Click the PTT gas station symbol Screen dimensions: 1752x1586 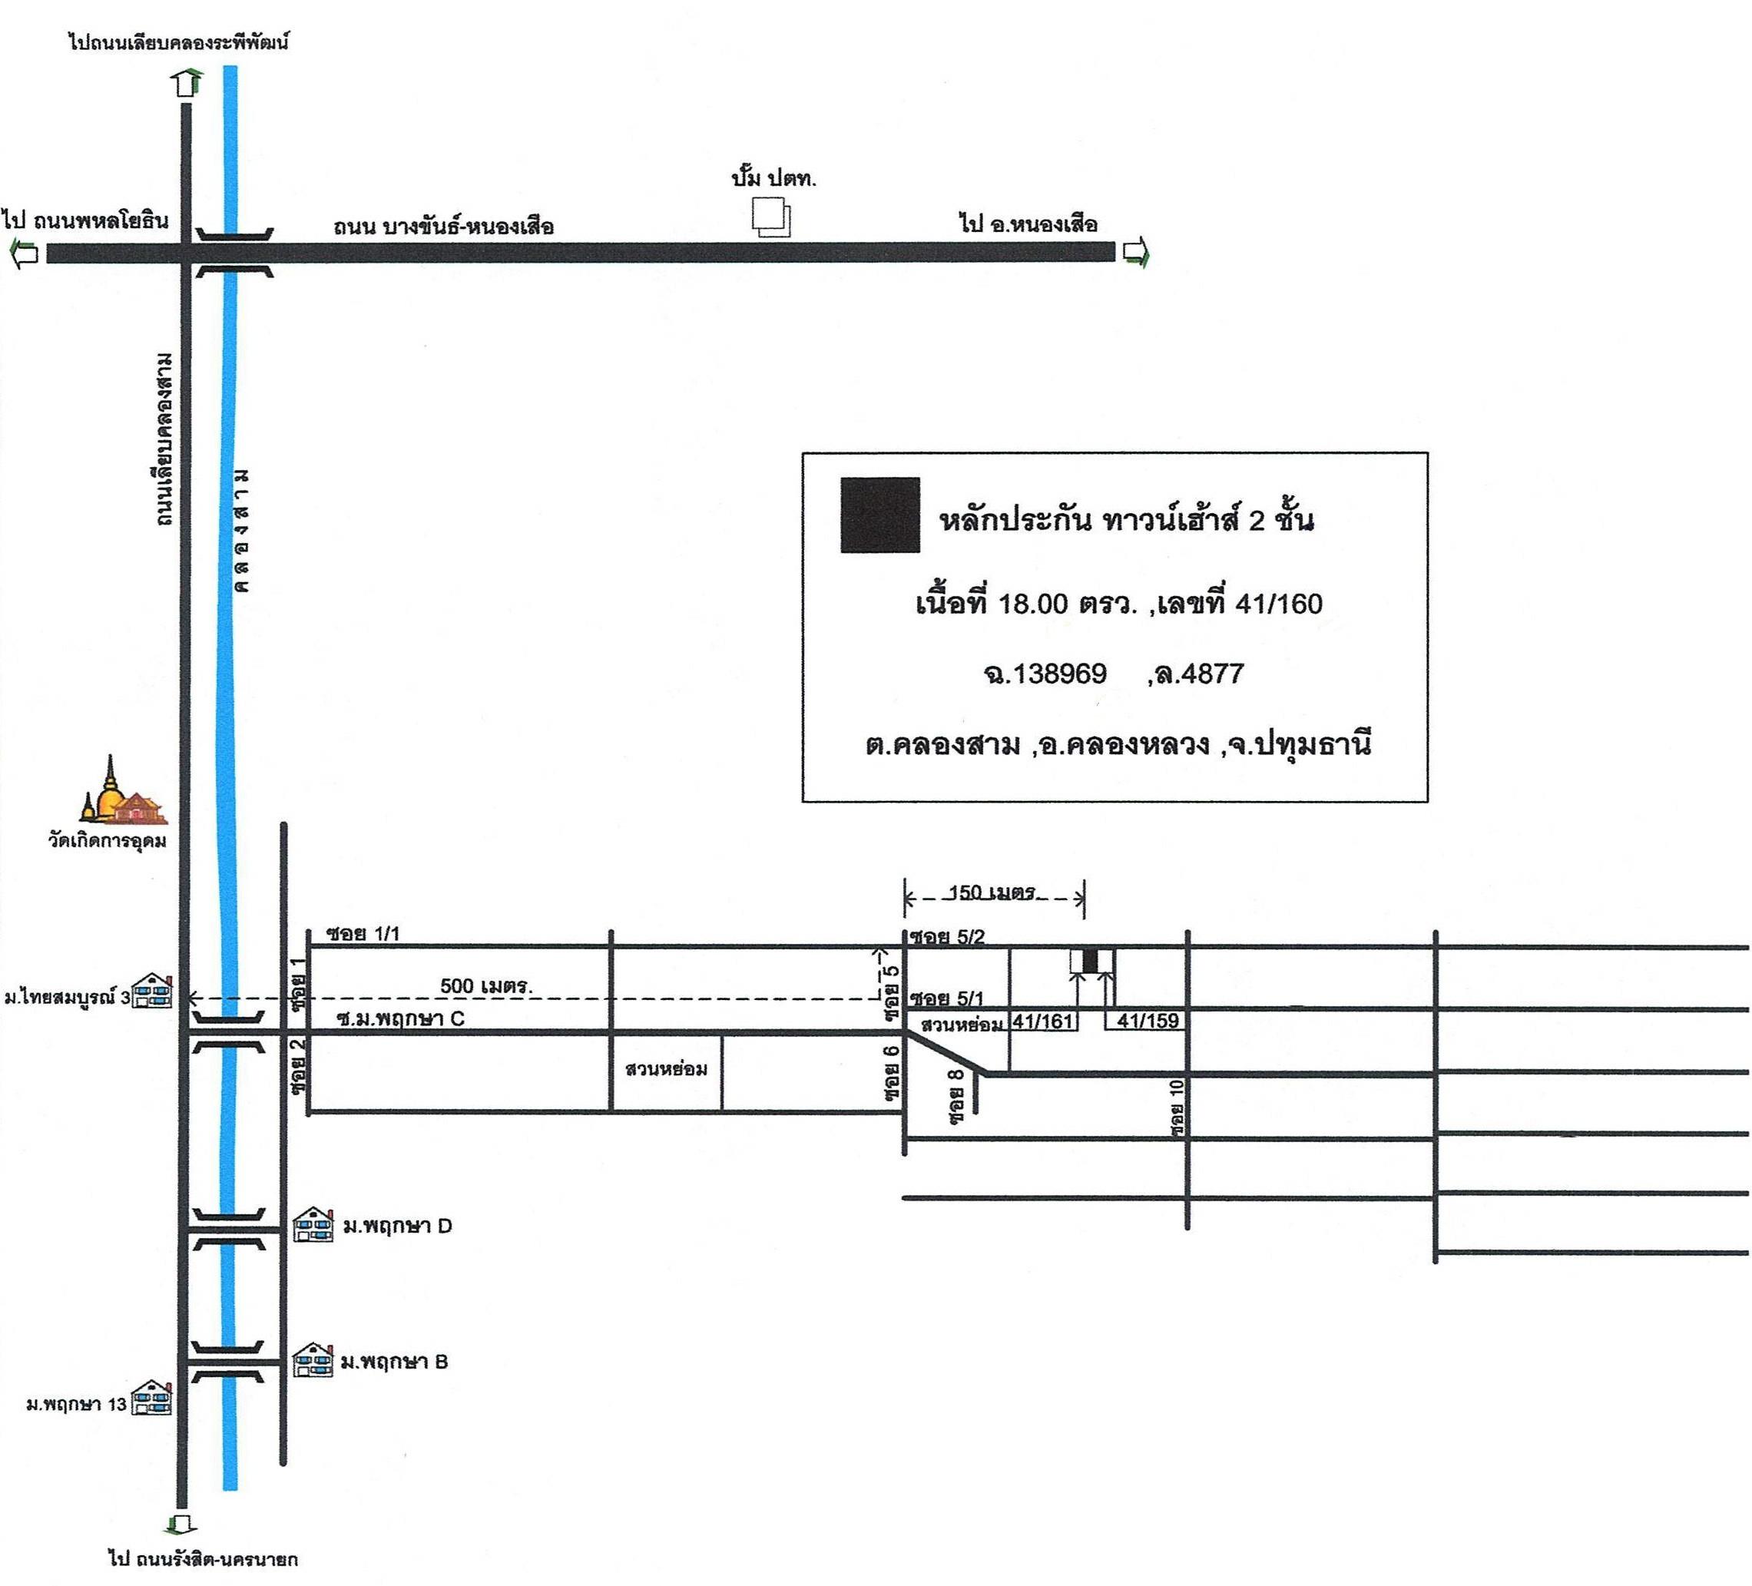pyautogui.click(x=772, y=217)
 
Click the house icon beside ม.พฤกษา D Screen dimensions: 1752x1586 pyautogui.click(x=313, y=1225)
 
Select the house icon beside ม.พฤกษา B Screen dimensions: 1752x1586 pyautogui.click(x=313, y=1361)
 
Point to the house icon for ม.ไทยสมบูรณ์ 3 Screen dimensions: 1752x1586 pyautogui.click(x=153, y=991)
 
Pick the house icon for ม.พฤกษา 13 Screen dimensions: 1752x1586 pyautogui.click(x=152, y=1399)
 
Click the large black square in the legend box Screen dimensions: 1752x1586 pyautogui.click(x=879, y=515)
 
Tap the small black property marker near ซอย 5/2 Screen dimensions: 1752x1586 pyautogui.click(x=1091, y=961)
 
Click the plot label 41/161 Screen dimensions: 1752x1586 pyautogui.click(x=1043, y=1021)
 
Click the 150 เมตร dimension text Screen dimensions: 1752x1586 pyautogui.click(x=992, y=892)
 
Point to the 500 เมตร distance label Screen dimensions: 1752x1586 pyautogui.click(x=487, y=985)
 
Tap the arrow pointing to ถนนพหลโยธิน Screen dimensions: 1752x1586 pyautogui.click(x=24, y=253)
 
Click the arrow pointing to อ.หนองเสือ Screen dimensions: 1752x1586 pyautogui.click(x=1136, y=253)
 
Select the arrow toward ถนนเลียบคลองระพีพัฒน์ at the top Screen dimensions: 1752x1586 pyautogui.click(x=187, y=81)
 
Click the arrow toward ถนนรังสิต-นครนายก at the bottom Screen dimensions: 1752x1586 pyautogui.click(x=180, y=1525)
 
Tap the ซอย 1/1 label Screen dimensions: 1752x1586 pyautogui.click(x=363, y=934)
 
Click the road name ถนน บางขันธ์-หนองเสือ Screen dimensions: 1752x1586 pyautogui.click(x=443, y=227)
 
